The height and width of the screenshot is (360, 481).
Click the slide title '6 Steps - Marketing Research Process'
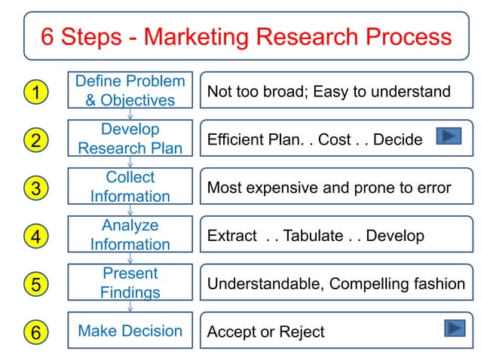246,36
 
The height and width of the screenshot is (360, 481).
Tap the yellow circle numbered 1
35,92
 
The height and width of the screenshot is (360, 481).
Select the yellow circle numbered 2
35,140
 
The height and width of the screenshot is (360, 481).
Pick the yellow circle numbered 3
35,188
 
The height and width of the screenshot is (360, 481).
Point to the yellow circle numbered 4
35,236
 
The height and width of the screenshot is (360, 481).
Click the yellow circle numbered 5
35,285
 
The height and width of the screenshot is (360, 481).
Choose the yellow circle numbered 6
35,331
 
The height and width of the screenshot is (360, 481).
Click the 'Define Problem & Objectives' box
130,90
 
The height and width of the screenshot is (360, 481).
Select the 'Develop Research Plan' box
130,139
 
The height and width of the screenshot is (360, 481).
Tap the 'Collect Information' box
130,187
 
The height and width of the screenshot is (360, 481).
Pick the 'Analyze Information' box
130,235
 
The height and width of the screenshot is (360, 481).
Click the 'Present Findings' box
130,282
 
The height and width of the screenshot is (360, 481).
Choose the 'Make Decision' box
130,331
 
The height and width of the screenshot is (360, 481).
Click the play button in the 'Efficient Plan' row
449,136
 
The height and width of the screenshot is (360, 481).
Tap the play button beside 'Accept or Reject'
453,328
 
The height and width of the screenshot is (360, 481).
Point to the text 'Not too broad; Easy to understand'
329,92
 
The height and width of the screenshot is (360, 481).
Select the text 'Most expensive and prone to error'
329,188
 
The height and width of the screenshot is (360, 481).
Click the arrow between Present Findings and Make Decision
130,306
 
